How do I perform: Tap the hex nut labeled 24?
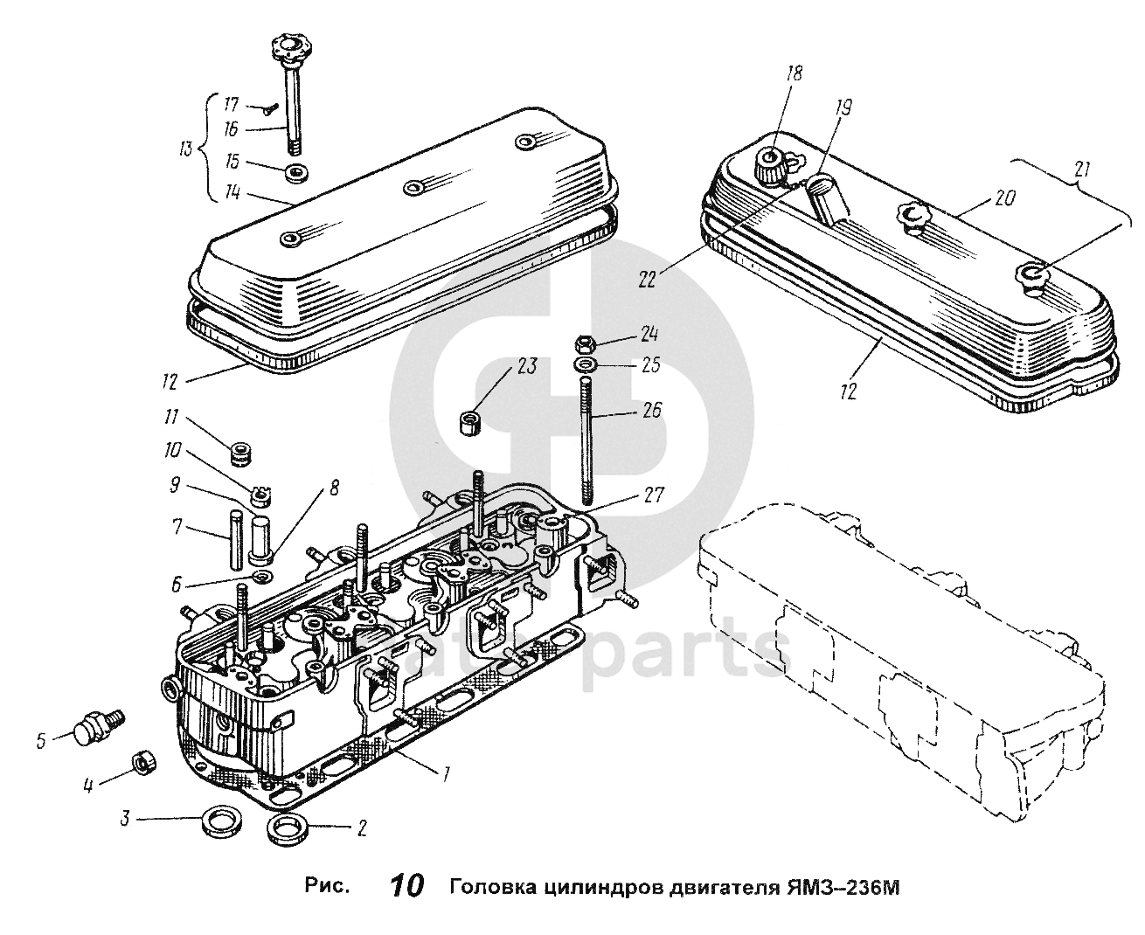point(586,342)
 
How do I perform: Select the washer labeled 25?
point(586,364)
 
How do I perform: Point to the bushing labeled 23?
point(472,420)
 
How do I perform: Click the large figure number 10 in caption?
point(405,887)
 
